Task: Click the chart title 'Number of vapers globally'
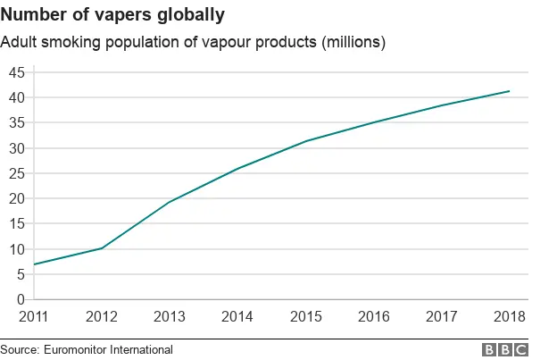click(x=112, y=15)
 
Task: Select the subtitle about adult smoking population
click(x=193, y=43)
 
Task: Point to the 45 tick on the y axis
click(x=16, y=72)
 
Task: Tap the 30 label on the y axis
click(x=16, y=148)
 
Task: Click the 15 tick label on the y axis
click(x=16, y=223)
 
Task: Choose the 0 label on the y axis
click(x=21, y=299)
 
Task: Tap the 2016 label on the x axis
click(x=373, y=316)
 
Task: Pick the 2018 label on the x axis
click(x=509, y=316)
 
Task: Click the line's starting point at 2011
click(x=34, y=264)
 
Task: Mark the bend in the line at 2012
click(x=102, y=248)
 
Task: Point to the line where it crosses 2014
click(x=237, y=169)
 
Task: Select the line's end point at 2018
click(x=509, y=91)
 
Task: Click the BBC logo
click(x=504, y=349)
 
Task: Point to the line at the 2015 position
click(x=305, y=141)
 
